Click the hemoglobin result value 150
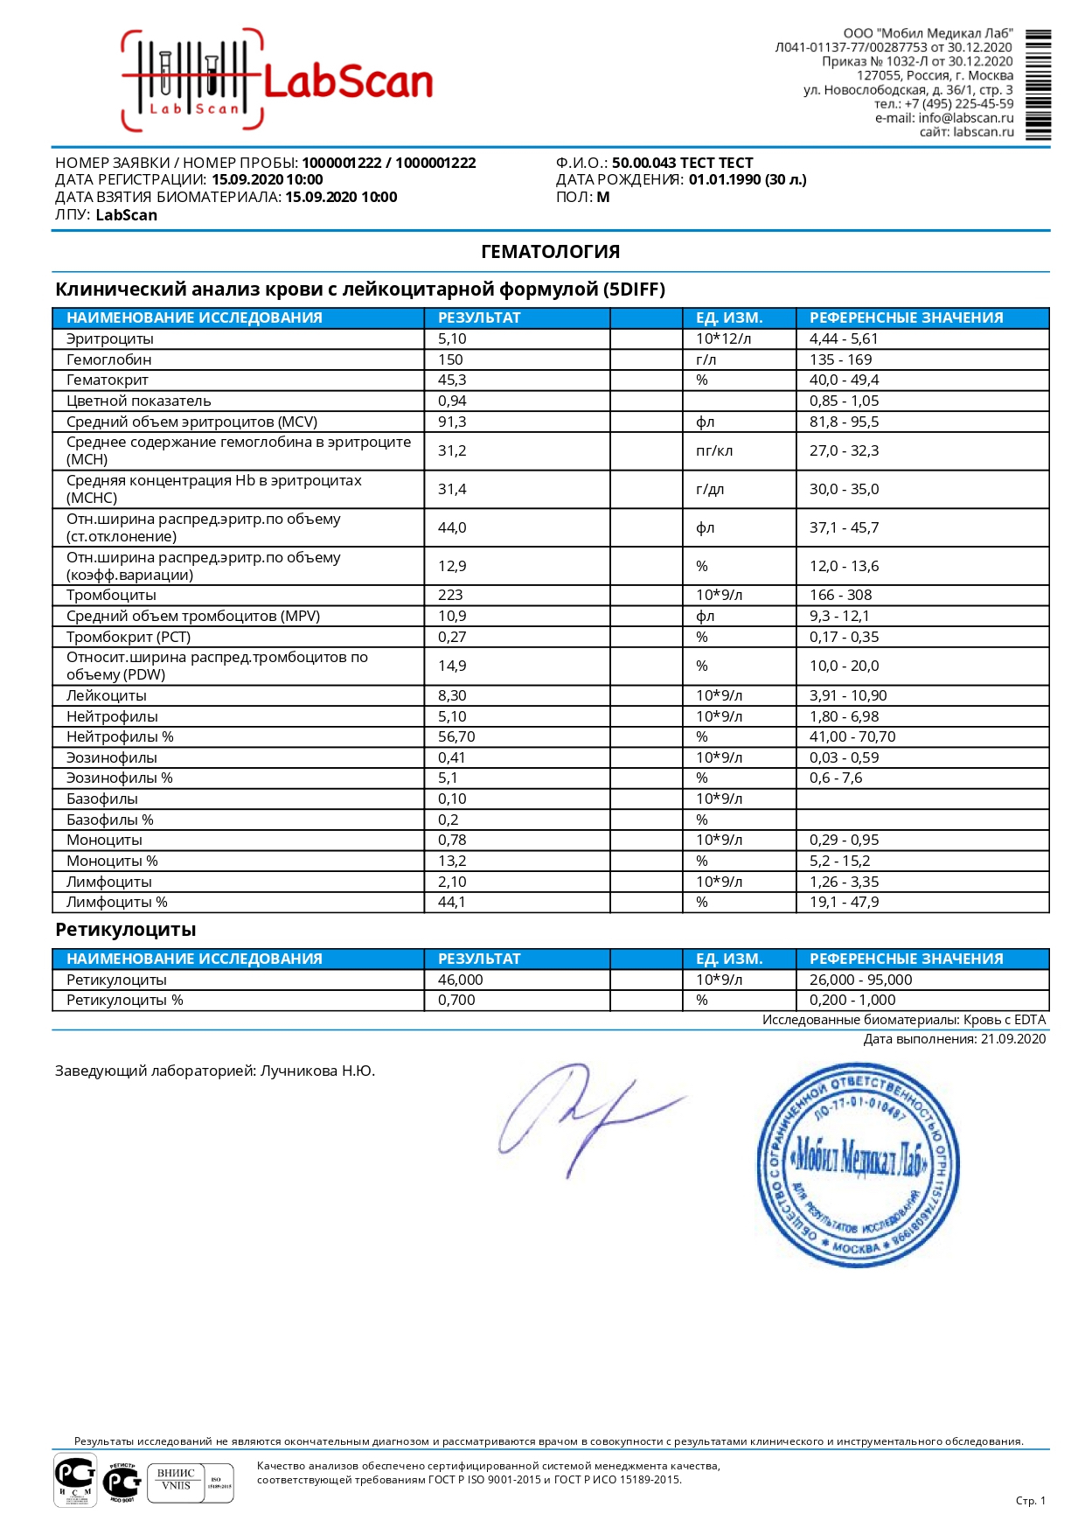click(x=450, y=359)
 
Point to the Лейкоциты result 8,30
click(x=452, y=695)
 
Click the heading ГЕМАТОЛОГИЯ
click(x=550, y=252)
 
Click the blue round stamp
click(x=857, y=1164)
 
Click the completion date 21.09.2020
click(x=1012, y=1039)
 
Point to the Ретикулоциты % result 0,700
click(x=456, y=1000)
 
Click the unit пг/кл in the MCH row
click(x=713, y=450)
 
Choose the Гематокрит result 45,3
click(x=452, y=380)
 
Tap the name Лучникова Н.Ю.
click(x=317, y=1071)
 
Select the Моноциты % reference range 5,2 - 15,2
click(x=839, y=861)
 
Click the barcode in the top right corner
click(x=1038, y=85)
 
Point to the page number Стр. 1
click(x=1030, y=1501)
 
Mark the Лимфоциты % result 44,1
click(x=451, y=902)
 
